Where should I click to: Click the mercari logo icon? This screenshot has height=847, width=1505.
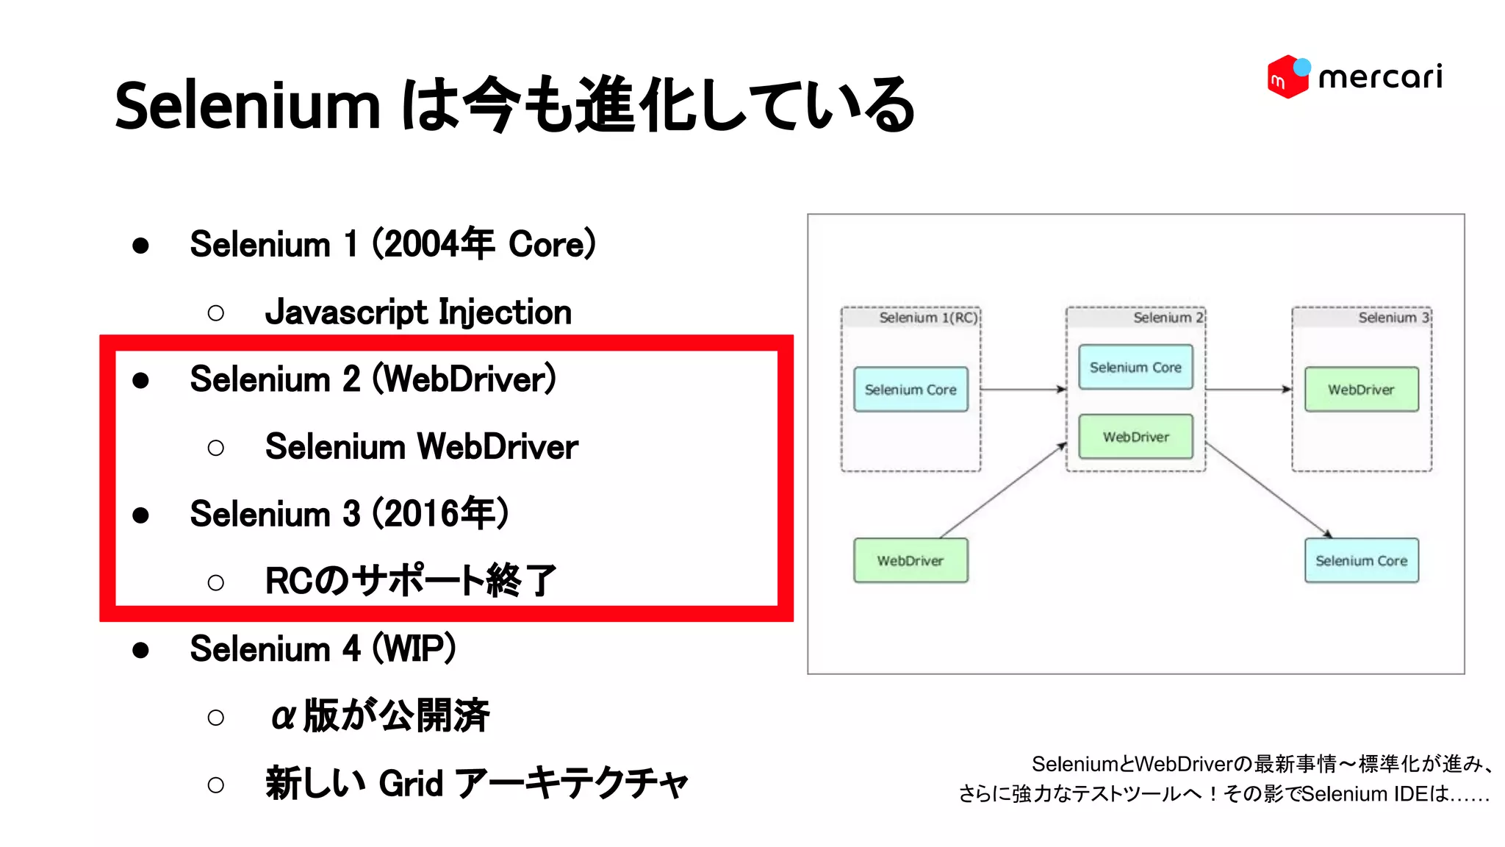click(x=1287, y=76)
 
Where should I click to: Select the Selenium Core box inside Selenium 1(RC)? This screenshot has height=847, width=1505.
click(x=910, y=390)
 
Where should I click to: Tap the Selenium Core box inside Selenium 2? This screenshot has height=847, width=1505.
click(x=1135, y=367)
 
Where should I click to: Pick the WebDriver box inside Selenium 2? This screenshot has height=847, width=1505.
click(x=1135, y=437)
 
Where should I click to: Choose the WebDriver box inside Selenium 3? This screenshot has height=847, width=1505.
click(x=1361, y=390)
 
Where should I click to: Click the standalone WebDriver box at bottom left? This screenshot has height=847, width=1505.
click(x=910, y=560)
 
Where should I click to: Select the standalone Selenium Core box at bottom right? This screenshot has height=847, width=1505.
click(x=1361, y=560)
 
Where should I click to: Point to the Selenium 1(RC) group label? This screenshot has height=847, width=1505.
click(x=928, y=318)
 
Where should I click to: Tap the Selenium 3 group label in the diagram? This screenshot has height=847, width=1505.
click(x=1393, y=318)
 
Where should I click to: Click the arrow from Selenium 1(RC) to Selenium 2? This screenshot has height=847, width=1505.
click(x=1023, y=389)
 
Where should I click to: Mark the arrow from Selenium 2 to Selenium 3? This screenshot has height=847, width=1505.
click(x=1249, y=389)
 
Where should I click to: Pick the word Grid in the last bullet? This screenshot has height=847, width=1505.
click(x=411, y=784)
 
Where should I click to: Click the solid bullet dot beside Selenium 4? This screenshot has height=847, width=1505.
click(x=140, y=650)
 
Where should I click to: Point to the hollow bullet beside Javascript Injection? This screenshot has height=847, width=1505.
click(x=215, y=314)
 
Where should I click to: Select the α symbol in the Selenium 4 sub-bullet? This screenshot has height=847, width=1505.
click(x=284, y=716)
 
